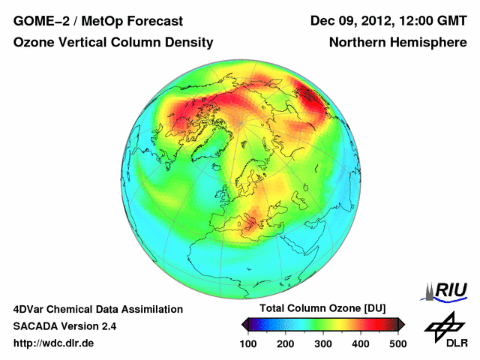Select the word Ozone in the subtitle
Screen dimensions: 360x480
click(34, 43)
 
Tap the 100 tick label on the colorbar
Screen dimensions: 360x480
click(247, 343)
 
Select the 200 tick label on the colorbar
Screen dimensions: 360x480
click(285, 343)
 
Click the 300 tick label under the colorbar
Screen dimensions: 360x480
click(322, 343)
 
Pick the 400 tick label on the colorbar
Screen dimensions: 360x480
click(360, 343)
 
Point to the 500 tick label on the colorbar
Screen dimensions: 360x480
click(397, 343)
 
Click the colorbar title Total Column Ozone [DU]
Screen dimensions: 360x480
click(322, 309)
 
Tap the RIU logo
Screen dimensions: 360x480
click(445, 290)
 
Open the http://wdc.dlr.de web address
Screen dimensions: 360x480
click(53, 343)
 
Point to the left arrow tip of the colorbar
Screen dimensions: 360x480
click(242, 324)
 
